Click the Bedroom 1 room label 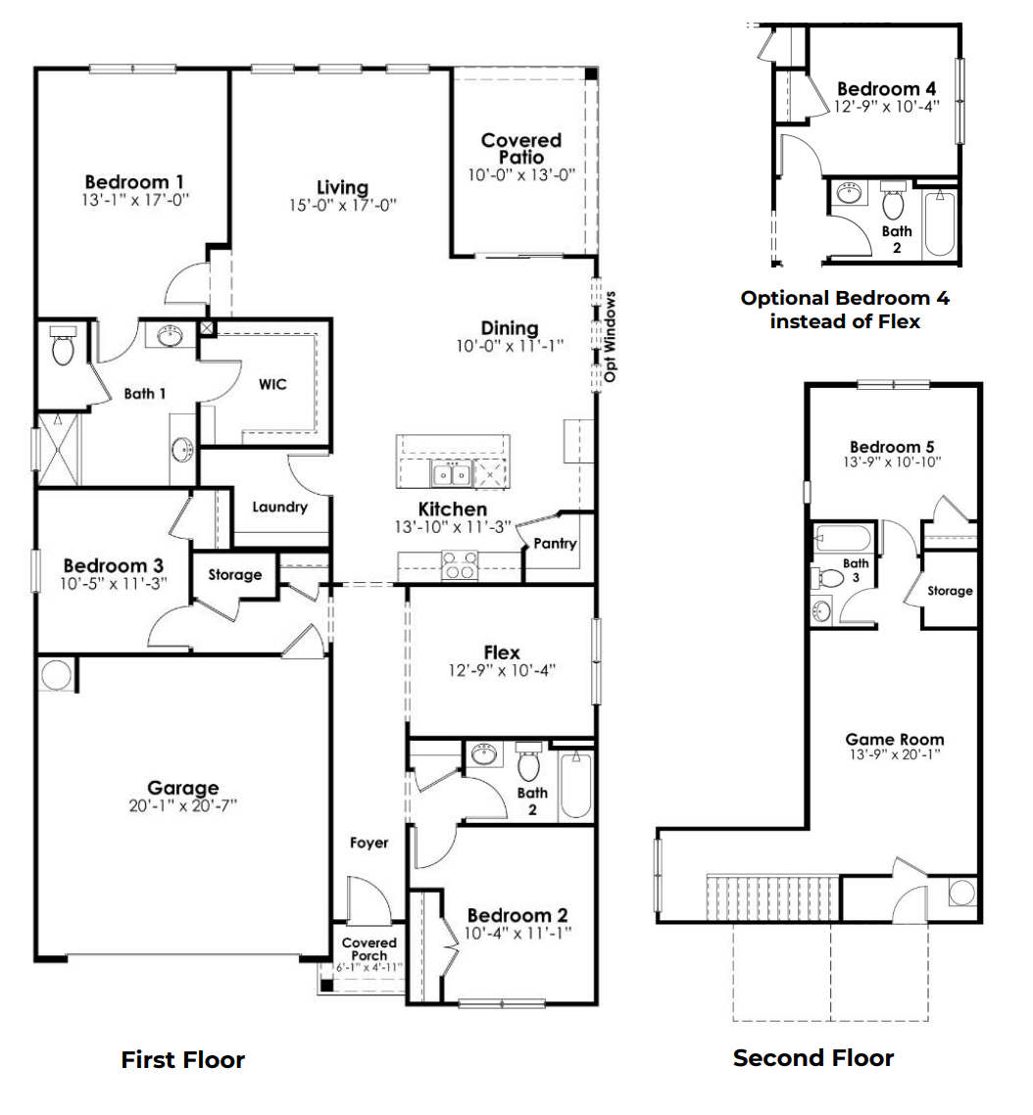(134, 181)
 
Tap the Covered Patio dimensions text (520, 174)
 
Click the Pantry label (556, 545)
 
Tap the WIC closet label (272, 385)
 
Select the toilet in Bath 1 (64, 347)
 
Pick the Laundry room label (280, 508)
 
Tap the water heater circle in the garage (56, 675)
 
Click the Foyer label (369, 843)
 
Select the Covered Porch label (369, 949)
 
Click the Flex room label (501, 653)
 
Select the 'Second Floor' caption (813, 1058)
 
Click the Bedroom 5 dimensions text (892, 461)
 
